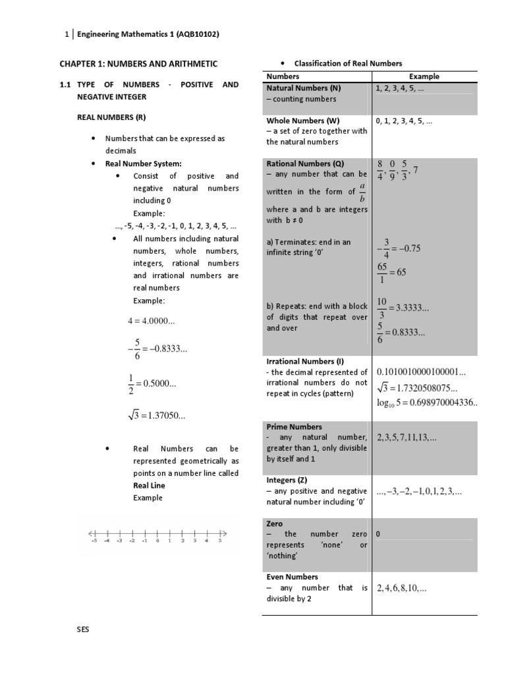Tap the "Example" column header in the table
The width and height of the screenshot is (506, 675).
click(x=424, y=76)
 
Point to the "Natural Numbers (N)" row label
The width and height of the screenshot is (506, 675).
click(x=304, y=87)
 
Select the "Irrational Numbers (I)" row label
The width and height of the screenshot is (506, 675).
click(x=305, y=361)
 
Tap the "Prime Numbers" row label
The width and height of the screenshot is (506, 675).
click(x=294, y=426)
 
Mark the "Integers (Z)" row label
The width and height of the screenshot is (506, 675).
click(x=287, y=480)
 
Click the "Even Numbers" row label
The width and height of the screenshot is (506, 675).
click(x=292, y=576)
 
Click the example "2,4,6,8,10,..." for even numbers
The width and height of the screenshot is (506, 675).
click(x=401, y=587)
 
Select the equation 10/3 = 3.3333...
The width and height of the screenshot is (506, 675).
click(x=403, y=308)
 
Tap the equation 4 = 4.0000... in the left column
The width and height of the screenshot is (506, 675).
click(x=151, y=321)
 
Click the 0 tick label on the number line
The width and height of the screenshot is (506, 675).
click(x=157, y=541)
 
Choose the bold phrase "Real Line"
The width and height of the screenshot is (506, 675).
click(x=149, y=485)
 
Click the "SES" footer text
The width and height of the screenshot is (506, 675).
click(x=83, y=630)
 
